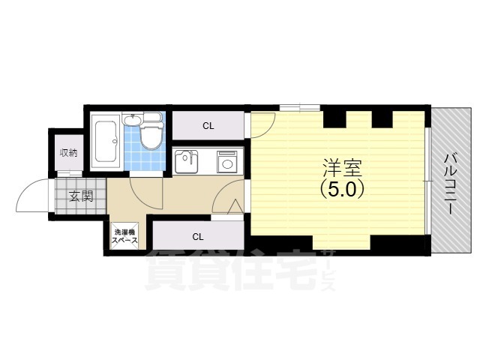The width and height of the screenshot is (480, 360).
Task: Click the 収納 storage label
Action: coord(68,153)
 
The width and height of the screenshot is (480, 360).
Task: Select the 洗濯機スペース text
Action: coord(124,237)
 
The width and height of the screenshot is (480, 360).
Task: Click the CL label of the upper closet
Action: coord(208,125)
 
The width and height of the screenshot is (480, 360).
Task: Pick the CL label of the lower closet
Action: coord(198,237)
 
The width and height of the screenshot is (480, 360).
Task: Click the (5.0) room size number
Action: coord(341,190)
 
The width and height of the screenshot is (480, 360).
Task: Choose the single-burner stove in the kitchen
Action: coord(226,161)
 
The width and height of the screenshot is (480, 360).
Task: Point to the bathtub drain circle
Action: coord(113,139)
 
